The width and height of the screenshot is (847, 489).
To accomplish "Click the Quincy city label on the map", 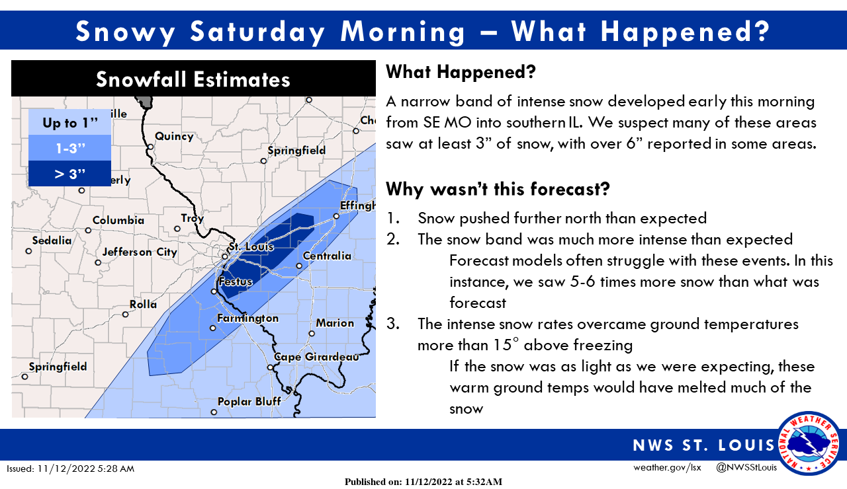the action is (174, 136).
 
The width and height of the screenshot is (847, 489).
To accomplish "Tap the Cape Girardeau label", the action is (316, 357).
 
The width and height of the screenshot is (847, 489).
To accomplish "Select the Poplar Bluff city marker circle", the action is (214, 412).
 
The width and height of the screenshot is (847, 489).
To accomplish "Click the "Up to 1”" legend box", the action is (70, 122).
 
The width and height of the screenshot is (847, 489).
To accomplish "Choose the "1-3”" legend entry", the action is (70, 148).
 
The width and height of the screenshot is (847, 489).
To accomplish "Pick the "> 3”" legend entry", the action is (70, 174).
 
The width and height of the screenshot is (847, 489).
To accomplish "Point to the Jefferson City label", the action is (140, 252).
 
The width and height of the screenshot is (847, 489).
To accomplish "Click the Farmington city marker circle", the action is (213, 328).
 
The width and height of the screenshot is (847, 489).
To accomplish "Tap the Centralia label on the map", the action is (327, 256).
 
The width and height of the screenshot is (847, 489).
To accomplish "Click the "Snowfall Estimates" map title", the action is (193, 79).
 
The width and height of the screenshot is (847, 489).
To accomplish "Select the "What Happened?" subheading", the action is (461, 72).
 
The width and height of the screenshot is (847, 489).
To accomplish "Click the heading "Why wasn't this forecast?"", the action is (498, 189).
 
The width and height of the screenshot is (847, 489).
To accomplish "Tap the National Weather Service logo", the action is (809, 443).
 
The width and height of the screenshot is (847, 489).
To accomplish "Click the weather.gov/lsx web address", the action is (667, 467).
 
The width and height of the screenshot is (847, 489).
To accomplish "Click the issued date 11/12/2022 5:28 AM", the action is (86, 469).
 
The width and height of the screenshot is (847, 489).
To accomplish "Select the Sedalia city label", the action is (52, 241).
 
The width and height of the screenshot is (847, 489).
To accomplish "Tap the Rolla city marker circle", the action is (126, 315).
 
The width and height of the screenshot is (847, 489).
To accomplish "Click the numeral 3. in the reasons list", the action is (393, 324).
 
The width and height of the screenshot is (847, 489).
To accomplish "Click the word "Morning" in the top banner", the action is (403, 31).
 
